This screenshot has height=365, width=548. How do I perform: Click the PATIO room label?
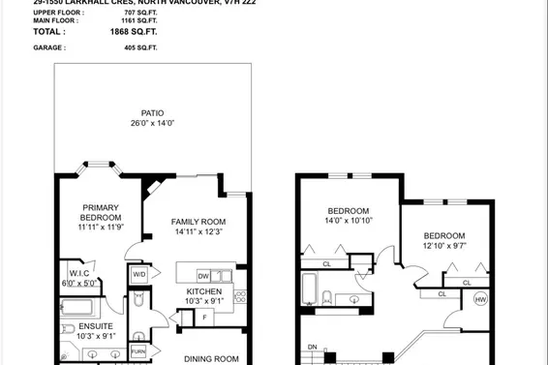tap(149, 112)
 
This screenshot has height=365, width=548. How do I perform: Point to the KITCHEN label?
tap(203, 291)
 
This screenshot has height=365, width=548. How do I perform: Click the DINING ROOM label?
tap(211, 357)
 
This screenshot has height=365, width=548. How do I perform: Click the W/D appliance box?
tap(139, 275)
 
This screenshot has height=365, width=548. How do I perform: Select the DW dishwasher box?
tap(203, 276)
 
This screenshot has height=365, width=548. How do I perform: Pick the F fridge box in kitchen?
tap(205, 316)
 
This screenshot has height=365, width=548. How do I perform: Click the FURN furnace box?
tap(138, 350)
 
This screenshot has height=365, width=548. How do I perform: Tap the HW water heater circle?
tap(480, 299)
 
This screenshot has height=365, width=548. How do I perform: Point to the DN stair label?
tap(312, 348)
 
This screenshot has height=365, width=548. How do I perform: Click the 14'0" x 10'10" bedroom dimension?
tap(350, 221)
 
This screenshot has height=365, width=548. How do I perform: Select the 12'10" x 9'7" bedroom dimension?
tap(443, 246)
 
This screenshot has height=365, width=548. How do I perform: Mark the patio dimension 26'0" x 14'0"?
tap(149, 123)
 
